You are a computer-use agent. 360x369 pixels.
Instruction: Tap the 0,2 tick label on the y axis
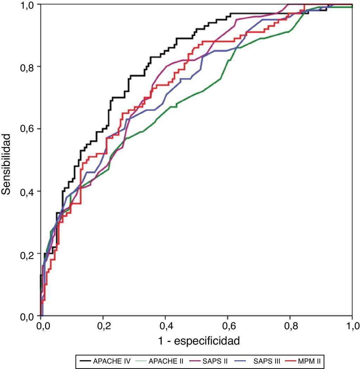pyautogui.click(x=26, y=254)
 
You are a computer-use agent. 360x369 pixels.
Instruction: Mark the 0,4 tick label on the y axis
pyautogui.click(x=26, y=191)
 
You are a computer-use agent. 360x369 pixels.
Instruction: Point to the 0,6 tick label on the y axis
pyautogui.click(x=26, y=129)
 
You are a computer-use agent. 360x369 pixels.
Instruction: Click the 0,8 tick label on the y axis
pyautogui.click(x=26, y=66)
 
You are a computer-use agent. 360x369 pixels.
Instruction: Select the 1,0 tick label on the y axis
pyautogui.click(x=26, y=5)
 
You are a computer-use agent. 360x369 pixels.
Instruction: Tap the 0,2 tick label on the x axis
pyautogui.click(x=103, y=326)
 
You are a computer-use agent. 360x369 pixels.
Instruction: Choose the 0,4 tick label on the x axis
pyautogui.click(x=166, y=326)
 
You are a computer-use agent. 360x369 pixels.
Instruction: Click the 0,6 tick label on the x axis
pyautogui.click(x=228, y=326)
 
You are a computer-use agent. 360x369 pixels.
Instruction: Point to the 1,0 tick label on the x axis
pyautogui.click(x=352, y=326)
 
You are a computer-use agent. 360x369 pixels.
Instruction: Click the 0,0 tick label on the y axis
pyautogui.click(x=26, y=316)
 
